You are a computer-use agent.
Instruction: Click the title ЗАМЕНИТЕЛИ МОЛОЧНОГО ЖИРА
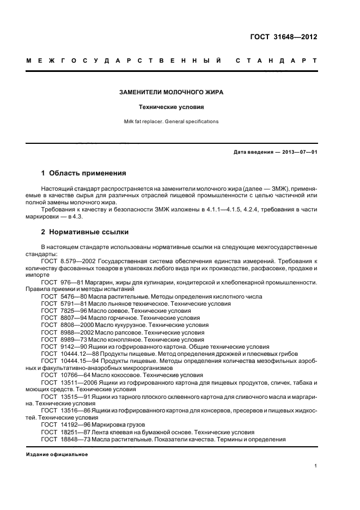172,93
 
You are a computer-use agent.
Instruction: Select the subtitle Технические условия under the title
172,107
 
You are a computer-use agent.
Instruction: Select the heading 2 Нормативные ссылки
85,232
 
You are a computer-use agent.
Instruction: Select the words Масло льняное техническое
117,304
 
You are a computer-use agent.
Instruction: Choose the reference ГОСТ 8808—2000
63,325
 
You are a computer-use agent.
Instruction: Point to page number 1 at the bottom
315,466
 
